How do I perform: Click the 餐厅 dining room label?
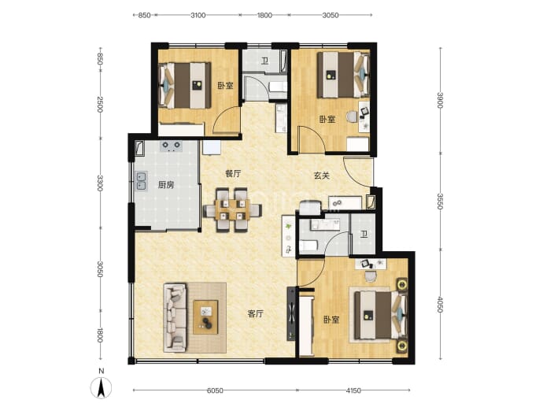click(x=233, y=174)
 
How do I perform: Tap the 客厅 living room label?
click(x=256, y=314)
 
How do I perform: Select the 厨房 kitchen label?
click(x=165, y=185)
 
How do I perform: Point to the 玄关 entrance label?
click(x=321, y=176)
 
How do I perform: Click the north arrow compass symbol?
click(x=101, y=387)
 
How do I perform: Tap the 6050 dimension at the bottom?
click(x=215, y=390)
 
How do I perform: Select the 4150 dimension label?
click(x=353, y=390)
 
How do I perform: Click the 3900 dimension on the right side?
click(x=440, y=100)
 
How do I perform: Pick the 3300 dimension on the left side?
click(x=100, y=183)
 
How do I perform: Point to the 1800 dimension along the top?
click(x=264, y=15)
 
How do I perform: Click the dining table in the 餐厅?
click(x=232, y=210)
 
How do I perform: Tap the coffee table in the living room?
click(x=205, y=317)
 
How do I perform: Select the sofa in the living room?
click(x=175, y=317)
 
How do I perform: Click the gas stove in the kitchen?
click(x=171, y=146)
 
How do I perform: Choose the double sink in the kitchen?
click(x=141, y=181)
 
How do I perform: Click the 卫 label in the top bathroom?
click(x=265, y=61)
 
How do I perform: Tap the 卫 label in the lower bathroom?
click(x=364, y=235)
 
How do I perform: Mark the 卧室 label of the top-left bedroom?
click(x=225, y=86)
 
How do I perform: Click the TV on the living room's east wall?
click(x=291, y=314)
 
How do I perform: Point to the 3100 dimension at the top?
click(x=198, y=15)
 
